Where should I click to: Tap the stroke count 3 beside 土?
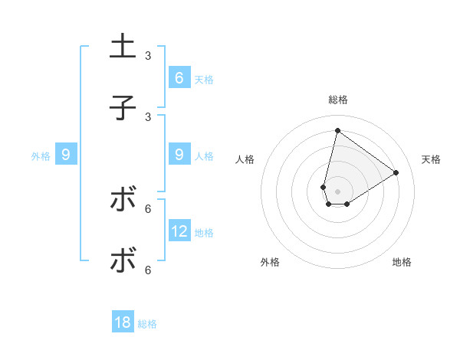148,56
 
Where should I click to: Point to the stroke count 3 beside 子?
148,117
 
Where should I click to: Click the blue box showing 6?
179,77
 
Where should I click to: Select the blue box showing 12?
179,231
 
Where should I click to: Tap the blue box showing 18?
123,322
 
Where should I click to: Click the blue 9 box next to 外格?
66,155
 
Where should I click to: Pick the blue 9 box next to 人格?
179,155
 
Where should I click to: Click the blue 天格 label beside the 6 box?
204,79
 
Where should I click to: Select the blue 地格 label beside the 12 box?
204,233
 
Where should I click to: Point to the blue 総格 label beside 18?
147,324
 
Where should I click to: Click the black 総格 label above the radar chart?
338,100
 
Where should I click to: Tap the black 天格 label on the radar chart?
431,159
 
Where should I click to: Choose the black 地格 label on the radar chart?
402,262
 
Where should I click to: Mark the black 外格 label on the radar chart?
270,262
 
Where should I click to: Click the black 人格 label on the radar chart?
245,159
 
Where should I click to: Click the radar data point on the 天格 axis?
396,172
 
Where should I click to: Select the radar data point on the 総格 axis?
337,130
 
